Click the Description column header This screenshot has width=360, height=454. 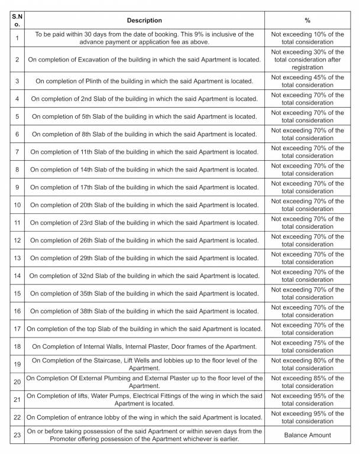(x=144, y=20)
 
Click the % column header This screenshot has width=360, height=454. (x=307, y=20)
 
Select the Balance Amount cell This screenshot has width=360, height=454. (x=307, y=435)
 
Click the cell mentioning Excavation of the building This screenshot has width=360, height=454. (x=144, y=60)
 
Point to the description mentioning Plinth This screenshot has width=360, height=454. (x=144, y=81)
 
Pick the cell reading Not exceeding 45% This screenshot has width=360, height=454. (x=307, y=81)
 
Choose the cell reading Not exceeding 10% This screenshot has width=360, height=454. (x=307, y=38)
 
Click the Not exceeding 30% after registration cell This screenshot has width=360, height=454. (x=307, y=60)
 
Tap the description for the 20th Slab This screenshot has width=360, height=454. (x=144, y=205)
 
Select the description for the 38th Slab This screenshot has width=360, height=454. (x=144, y=311)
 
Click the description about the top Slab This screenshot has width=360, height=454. (x=144, y=329)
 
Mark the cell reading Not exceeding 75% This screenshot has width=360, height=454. (x=307, y=346)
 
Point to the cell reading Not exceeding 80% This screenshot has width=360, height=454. (x=307, y=364)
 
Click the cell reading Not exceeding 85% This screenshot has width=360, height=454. (x=307, y=382)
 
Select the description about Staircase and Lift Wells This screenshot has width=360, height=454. (x=144, y=364)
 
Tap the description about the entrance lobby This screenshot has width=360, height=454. (x=144, y=417)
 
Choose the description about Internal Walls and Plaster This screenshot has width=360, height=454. (x=144, y=346)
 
